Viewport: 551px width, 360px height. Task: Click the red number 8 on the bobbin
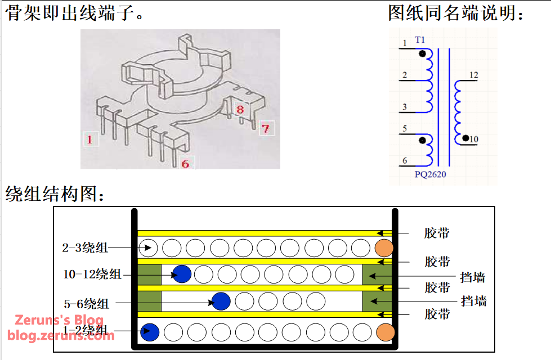pyautogui.click(x=239, y=109)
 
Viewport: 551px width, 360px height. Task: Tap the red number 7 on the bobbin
pyautogui.click(x=265, y=128)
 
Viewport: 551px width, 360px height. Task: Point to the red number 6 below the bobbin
pyautogui.click(x=185, y=164)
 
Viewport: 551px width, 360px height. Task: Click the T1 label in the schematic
pyautogui.click(x=420, y=40)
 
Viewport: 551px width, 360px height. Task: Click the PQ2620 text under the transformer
pyautogui.click(x=430, y=174)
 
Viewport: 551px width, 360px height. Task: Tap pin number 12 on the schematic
pyautogui.click(x=473, y=75)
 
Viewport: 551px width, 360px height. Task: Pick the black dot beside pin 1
pyautogui.click(x=422, y=54)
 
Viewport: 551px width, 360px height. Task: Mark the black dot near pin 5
pyautogui.click(x=422, y=139)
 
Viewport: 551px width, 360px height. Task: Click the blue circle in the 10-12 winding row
pyautogui.click(x=182, y=274)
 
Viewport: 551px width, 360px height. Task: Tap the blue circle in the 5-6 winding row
pyautogui.click(x=221, y=301)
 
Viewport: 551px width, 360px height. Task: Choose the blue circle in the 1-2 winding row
pyautogui.click(x=150, y=332)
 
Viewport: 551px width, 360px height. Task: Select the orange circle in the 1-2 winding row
pyautogui.click(x=385, y=332)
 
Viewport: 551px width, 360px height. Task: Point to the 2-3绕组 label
pyautogui.click(x=85, y=247)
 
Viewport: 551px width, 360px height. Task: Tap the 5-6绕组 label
pyautogui.click(x=87, y=304)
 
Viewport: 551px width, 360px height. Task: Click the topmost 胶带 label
pyautogui.click(x=437, y=233)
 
